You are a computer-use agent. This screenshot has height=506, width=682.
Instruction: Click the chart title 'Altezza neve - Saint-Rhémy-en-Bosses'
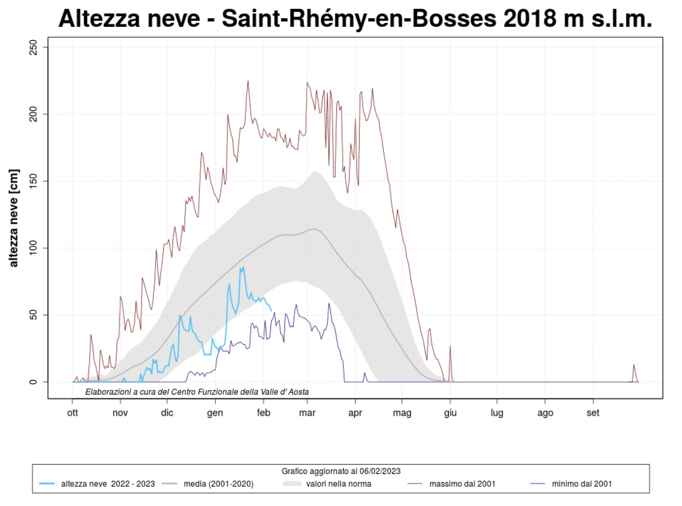pos(354,19)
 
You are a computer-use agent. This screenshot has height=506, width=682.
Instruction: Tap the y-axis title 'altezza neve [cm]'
pos(14,218)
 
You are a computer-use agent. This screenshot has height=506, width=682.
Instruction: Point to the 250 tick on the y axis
pos(33,47)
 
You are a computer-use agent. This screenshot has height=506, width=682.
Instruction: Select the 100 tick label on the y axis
pos(33,248)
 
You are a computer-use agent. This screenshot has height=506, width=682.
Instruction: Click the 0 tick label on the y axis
pos(33,382)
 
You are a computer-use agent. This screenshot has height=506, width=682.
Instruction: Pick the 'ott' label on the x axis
pos(72,414)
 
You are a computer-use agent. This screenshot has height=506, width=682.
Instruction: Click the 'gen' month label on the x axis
pos(216,414)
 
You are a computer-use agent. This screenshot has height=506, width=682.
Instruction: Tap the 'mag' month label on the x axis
pos(402,414)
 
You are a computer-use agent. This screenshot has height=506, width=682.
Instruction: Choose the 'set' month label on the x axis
pos(593,414)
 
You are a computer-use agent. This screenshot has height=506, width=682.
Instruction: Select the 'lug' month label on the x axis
pos(497,414)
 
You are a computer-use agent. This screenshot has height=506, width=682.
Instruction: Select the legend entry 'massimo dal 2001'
pos(463,484)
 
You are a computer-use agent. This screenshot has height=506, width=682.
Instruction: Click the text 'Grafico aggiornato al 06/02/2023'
pos(341,470)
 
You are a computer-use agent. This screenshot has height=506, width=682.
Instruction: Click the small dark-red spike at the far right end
pos(634,366)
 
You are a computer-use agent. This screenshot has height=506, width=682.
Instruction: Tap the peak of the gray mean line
pos(314,229)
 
